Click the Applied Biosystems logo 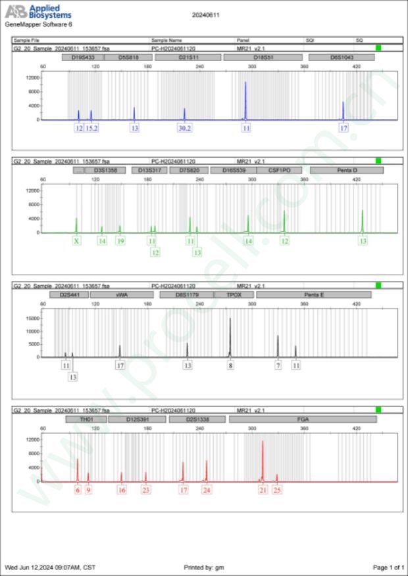(38, 12)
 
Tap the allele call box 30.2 (185, 128)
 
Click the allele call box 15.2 (91, 128)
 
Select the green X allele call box (77, 241)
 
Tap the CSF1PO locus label (280, 170)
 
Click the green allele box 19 (120, 241)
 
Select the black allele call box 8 (230, 365)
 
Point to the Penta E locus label (313, 295)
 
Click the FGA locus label (303, 419)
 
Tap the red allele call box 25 (277, 490)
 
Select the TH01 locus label (86, 419)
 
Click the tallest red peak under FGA (263, 460)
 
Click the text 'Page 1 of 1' (388, 567)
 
